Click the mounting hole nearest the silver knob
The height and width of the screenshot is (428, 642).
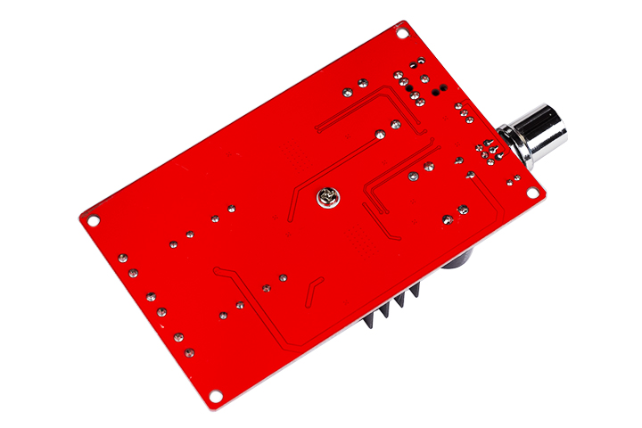(532, 193)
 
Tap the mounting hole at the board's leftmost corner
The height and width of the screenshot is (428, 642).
(93, 218)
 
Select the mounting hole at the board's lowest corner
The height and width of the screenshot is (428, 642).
(216, 395)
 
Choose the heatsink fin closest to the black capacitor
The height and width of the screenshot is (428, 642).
(414, 300)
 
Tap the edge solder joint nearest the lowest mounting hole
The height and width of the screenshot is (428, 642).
(189, 352)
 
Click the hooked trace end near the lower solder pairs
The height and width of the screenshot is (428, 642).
(218, 271)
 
